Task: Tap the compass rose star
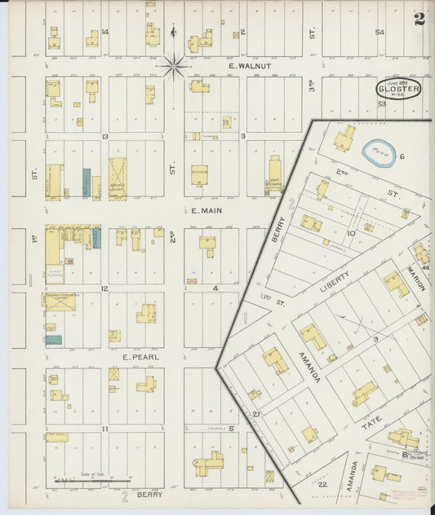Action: point(174,65)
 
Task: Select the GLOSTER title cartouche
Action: point(398,88)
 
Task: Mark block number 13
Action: point(104,137)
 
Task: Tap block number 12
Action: point(104,288)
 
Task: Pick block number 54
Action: point(379,32)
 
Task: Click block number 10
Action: point(350,234)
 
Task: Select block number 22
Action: point(322,484)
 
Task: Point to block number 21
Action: point(255,414)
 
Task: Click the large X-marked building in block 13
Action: point(118,178)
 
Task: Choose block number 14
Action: point(105,33)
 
